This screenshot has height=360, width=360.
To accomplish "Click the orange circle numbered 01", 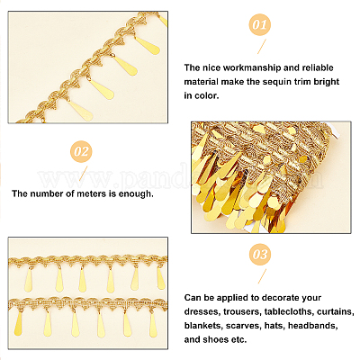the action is click(260, 24).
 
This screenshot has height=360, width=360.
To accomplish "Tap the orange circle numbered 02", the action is click(81, 152).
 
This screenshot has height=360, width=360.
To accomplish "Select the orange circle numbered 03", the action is click(260, 255).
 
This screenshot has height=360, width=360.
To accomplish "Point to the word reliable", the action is click(318, 67).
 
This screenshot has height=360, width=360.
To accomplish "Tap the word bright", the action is click(327, 82).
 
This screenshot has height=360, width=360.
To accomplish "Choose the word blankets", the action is click(202, 326).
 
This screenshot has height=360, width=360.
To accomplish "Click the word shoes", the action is click(215, 339).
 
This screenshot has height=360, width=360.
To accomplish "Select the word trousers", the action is click(242, 311).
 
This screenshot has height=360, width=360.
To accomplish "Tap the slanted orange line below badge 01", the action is click(262, 47).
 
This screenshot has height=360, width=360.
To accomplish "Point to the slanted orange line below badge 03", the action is click(262, 276).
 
